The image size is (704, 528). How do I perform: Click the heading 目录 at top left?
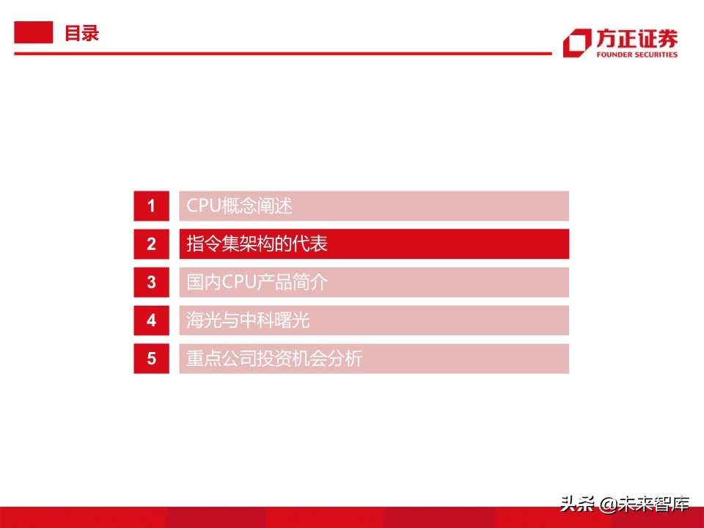tap(81, 34)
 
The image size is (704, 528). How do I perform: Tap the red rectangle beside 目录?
tap(34, 33)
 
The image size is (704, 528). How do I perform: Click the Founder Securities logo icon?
tap(576, 43)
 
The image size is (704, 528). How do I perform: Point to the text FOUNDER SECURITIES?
tap(636, 54)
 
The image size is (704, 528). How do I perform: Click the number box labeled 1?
tap(152, 206)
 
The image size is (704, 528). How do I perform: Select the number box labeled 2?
tap(152, 244)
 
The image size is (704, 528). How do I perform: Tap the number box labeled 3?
tap(152, 282)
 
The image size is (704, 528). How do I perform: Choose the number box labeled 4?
tap(152, 320)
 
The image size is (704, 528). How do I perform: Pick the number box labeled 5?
tap(152, 359)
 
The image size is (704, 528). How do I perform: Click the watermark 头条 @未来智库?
tap(625, 504)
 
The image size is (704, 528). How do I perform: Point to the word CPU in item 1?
tap(203, 206)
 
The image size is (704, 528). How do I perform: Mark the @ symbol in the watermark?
tap(606, 505)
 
